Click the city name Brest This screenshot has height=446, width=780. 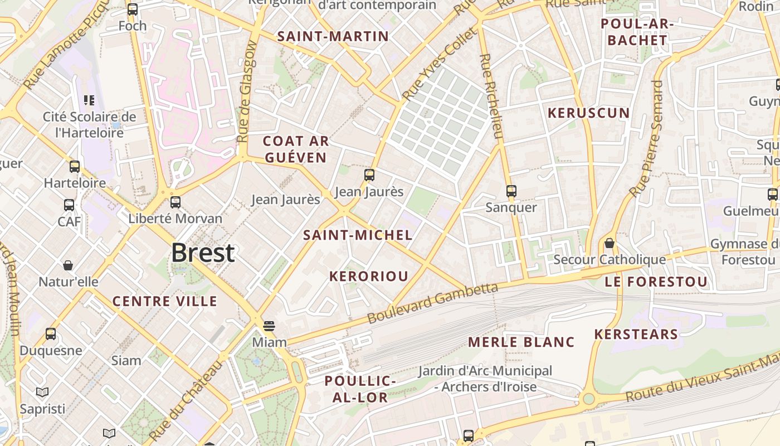click(203, 253)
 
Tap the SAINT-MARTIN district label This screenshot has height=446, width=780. click(333, 36)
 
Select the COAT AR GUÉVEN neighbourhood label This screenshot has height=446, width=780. click(295, 149)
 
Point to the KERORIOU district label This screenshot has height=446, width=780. click(368, 276)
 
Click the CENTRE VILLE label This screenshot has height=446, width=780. click(165, 301)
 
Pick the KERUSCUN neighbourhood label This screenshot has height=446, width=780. click(588, 113)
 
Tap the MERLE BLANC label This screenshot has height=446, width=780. click(521, 342)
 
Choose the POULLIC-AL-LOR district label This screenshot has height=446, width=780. click(360, 389)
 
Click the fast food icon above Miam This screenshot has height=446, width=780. click(269, 326)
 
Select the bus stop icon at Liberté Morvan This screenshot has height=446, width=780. click(175, 202)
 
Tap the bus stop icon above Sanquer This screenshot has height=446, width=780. click(511, 191)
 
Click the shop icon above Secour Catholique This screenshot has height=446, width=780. click(610, 243)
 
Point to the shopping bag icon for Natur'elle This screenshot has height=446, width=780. click(68, 265)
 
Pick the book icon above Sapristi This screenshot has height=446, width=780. click(42, 392)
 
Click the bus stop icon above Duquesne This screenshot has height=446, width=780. click(51, 334)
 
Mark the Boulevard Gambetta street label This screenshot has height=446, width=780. click(432, 303)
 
